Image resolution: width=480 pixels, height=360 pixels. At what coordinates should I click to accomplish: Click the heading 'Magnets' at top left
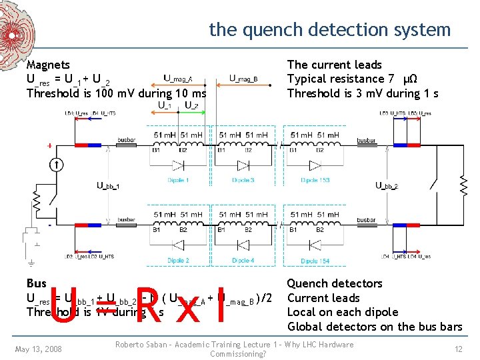pos(48,65)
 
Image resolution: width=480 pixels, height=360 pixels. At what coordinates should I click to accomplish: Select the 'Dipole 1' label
pos(177,181)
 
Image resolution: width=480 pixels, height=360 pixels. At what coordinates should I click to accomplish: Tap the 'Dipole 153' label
pos(315,181)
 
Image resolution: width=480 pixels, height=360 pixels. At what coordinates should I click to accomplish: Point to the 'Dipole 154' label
pos(315,261)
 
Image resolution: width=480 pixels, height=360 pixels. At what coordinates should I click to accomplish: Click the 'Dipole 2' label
pos(177,260)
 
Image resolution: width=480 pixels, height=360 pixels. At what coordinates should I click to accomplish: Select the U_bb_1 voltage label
pos(108,186)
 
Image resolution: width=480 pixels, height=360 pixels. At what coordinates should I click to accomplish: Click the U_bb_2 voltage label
pos(387,186)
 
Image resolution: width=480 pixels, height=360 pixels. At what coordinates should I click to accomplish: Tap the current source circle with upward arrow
pos(58,164)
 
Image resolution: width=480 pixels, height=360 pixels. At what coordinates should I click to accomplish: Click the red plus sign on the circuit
pos(49,145)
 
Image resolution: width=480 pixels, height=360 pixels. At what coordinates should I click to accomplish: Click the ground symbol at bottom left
pos(31,262)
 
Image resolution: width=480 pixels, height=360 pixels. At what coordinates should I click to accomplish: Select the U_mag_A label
pos(178,79)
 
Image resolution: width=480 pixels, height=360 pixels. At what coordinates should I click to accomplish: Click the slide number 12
pos(457,349)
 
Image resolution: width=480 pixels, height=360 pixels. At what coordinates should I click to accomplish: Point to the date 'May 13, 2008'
pos(39,349)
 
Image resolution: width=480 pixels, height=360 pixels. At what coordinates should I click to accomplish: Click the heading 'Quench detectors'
pos(334,284)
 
